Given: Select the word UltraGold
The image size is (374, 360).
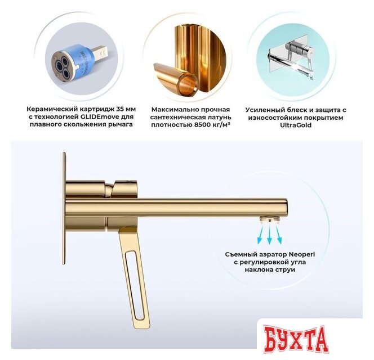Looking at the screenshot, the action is point(296,125).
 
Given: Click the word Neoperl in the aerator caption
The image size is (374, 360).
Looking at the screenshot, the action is point(302,254).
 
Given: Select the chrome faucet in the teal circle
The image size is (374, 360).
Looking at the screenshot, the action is point(290,58).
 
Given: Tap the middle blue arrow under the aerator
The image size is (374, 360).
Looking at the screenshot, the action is point(270,235).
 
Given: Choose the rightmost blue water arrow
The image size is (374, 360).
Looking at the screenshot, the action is point(279,235).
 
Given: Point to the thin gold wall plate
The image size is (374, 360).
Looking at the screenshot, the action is point(64,209).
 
